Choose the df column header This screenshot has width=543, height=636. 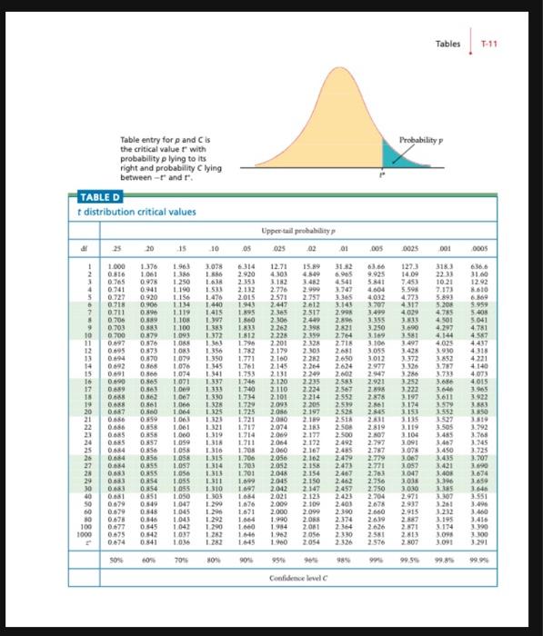pos(84,248)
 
